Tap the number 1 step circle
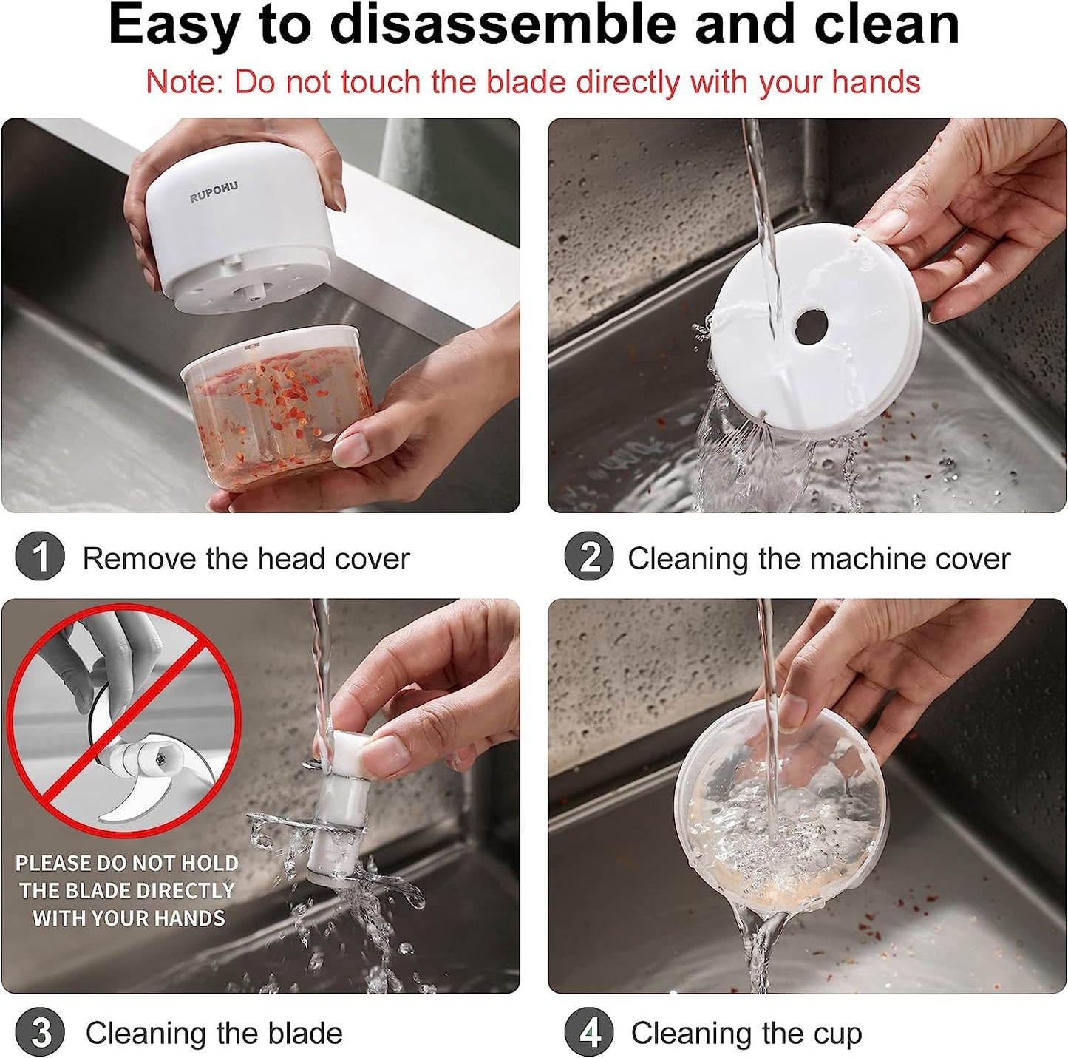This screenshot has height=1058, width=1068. pyautogui.click(x=40, y=556)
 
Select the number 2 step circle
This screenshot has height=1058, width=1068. pyautogui.click(x=589, y=556)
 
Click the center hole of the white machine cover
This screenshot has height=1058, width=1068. pyautogui.click(x=810, y=325)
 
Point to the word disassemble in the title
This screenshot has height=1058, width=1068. pyautogui.click(x=503, y=25)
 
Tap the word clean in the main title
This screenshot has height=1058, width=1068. pyautogui.click(x=887, y=25)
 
